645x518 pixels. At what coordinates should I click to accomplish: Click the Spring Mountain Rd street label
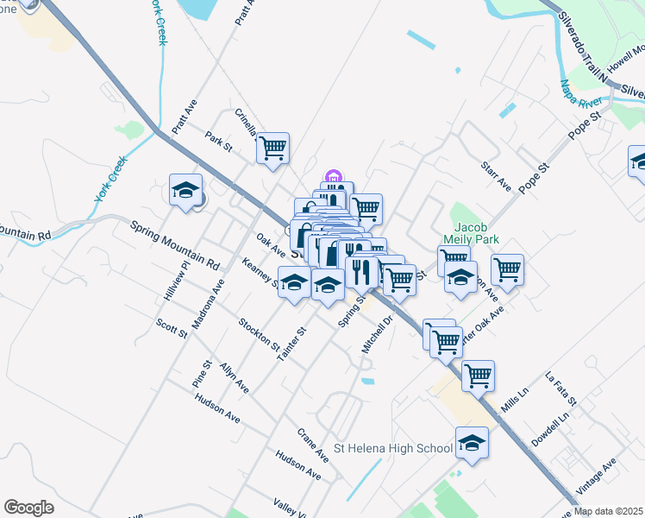point(175,243)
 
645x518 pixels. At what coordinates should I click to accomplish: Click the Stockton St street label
point(260,337)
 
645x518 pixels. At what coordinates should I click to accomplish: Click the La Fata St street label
point(561,389)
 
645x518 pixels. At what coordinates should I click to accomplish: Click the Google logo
point(28,508)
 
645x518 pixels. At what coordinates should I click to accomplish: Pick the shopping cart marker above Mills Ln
point(478,375)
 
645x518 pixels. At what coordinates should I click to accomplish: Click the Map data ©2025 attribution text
point(608,511)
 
